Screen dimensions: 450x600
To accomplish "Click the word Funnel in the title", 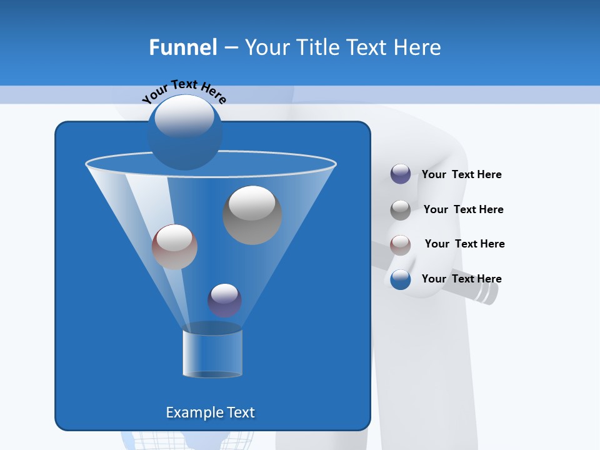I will click(x=182, y=47).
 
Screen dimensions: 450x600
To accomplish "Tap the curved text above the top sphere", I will click(x=184, y=91).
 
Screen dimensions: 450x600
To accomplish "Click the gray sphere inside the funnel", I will click(x=252, y=215).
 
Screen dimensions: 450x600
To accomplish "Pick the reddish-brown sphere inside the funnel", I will click(x=174, y=247).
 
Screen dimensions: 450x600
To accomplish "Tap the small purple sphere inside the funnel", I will click(x=224, y=300).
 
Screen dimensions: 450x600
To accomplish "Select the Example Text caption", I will click(x=211, y=412).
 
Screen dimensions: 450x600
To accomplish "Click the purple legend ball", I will click(x=401, y=174).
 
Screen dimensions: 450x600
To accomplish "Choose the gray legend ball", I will click(x=401, y=210).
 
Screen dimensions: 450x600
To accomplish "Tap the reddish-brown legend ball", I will click(x=401, y=244).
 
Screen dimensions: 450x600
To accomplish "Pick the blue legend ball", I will click(x=401, y=279).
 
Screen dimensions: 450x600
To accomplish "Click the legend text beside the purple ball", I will click(x=461, y=174).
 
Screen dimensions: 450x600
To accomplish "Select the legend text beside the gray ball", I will click(x=463, y=209).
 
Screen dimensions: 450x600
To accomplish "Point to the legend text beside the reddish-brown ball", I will click(x=464, y=244).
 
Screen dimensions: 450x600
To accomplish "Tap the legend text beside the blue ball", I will click(x=461, y=279).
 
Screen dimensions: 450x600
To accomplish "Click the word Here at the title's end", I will click(x=418, y=47).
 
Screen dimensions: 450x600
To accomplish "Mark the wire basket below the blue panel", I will click(x=194, y=440).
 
